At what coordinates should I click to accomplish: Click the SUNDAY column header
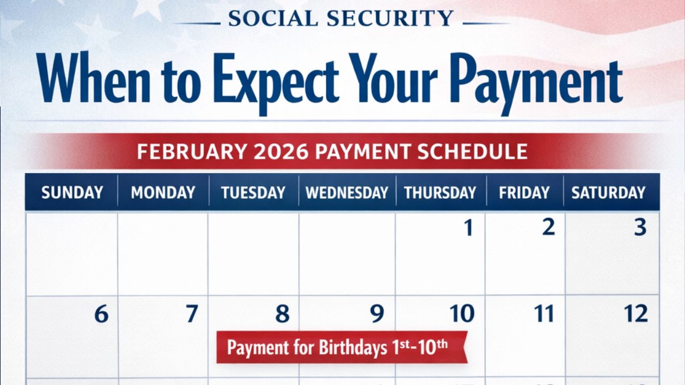click(72, 192)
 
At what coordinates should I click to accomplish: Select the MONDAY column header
click(163, 192)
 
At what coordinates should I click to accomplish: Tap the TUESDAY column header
click(253, 192)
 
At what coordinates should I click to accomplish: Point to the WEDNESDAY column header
click(347, 192)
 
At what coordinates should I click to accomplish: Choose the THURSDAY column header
click(440, 192)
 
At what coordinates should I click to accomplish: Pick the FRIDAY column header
click(524, 192)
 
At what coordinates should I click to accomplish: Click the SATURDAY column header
click(608, 192)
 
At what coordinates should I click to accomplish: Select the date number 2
click(548, 227)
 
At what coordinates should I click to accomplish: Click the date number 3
click(640, 228)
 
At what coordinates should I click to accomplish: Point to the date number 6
click(101, 314)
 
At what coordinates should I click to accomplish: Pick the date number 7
click(192, 314)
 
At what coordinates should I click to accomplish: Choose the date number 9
click(377, 314)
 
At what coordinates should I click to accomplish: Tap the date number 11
click(544, 314)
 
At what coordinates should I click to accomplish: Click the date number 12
click(636, 314)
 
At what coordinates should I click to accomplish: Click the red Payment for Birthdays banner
click(341, 348)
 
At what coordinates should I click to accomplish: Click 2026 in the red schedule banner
click(281, 151)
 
